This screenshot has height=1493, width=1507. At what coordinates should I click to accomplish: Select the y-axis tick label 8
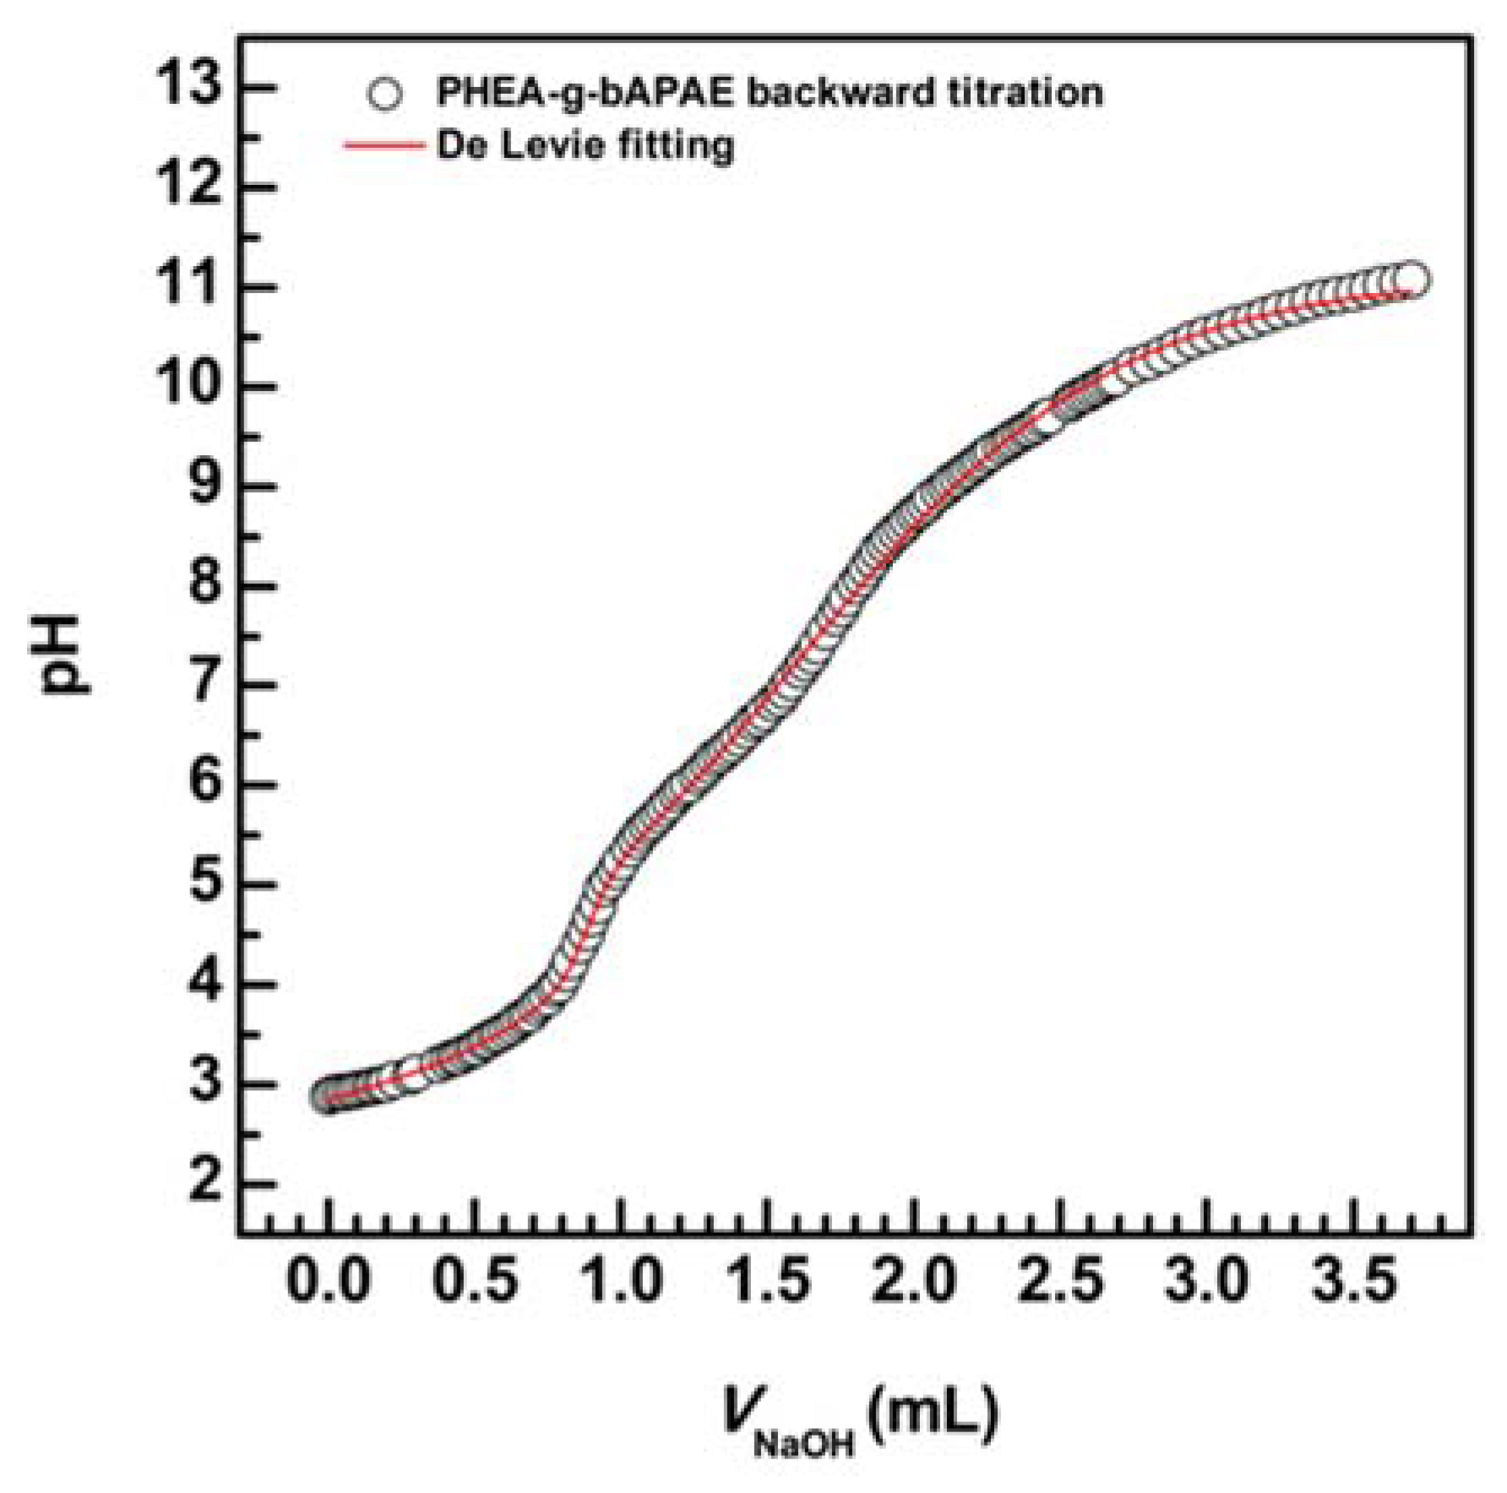205,584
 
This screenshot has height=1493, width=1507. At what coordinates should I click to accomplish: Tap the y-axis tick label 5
205,883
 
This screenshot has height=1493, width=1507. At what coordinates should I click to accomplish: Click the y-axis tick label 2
205,1181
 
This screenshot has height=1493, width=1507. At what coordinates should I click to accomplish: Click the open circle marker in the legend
384,94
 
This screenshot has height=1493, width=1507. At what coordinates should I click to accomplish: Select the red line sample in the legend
383,146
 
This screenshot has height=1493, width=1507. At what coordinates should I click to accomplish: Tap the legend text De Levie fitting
585,145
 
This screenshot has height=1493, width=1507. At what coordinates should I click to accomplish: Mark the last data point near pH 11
1412,279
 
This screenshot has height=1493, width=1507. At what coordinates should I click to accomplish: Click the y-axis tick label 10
187,384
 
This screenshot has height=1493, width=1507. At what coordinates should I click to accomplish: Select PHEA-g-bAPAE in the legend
585,92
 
